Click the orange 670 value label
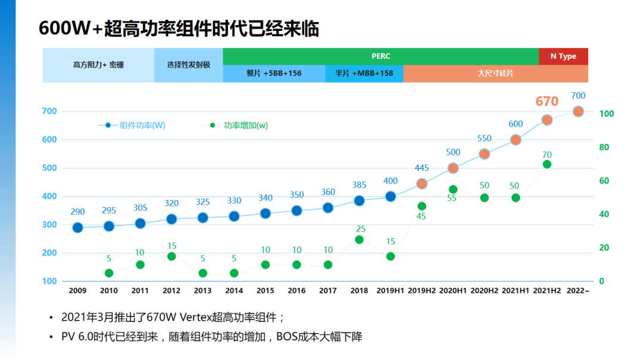point(547,101)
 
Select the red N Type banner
point(563,56)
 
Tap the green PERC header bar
point(380,56)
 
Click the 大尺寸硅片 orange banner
point(495,73)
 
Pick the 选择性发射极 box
point(188,65)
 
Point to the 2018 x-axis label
point(359,291)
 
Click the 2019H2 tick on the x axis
point(422,291)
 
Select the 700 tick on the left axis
point(49,111)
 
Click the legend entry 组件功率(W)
point(142,126)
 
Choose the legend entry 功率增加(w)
point(245,126)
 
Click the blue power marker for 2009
point(77,227)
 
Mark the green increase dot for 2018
point(359,240)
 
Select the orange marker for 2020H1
point(453,168)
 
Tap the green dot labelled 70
point(547,164)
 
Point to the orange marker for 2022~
point(578,111)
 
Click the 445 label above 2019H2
point(422,168)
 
